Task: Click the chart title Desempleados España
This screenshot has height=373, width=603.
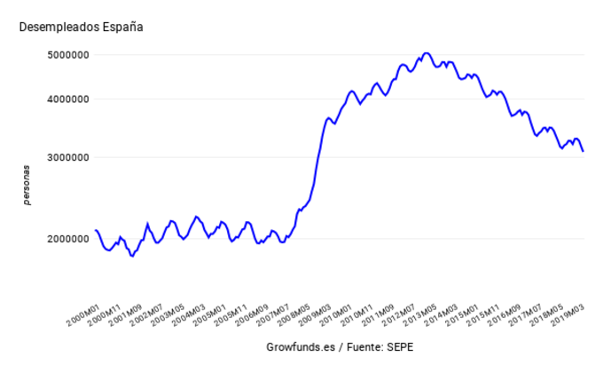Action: [81, 27]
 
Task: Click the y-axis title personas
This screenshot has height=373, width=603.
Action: [27, 185]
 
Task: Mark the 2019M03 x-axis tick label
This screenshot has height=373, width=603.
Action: [565, 313]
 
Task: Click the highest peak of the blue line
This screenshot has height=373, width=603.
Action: [427, 53]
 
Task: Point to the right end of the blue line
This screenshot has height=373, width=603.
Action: [583, 151]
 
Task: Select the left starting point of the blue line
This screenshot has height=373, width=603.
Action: [96, 230]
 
